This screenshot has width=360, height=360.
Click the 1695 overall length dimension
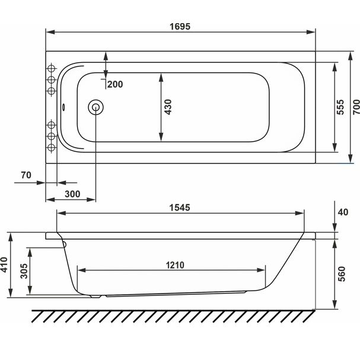(x=180, y=27)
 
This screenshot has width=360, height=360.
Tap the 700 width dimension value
(x=356, y=107)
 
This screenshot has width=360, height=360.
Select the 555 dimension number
(x=340, y=107)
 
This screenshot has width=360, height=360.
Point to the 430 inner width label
(x=168, y=107)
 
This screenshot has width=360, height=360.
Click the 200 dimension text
(x=115, y=84)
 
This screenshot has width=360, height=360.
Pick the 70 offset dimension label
(x=26, y=175)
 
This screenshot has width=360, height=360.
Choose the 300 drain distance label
(x=72, y=195)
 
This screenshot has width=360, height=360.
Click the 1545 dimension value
(x=180, y=208)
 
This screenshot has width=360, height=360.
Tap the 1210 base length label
(x=175, y=266)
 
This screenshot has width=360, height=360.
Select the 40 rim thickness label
(x=343, y=212)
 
